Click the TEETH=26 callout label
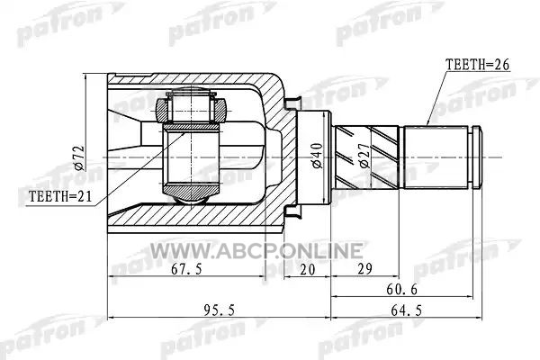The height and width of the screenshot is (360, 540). click(477, 65)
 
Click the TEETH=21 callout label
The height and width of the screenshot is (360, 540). click(60, 196)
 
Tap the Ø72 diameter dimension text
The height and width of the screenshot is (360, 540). click(79, 157)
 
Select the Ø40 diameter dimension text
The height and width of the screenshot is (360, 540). click(317, 156)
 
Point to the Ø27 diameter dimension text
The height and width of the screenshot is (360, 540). click(365, 156)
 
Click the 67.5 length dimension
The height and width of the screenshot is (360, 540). click(186, 269)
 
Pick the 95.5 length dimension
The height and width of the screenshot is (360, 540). click(219, 310)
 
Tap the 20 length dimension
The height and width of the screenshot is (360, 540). click(307, 269)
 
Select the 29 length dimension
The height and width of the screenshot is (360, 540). click(364, 269)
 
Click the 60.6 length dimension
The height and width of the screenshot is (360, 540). click(401, 290)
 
